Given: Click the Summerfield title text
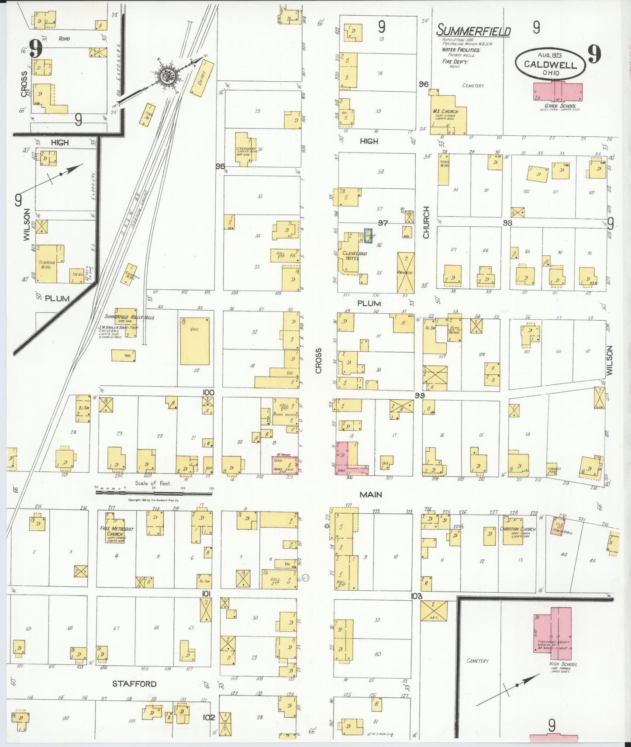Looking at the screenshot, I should pyautogui.click(x=473, y=31).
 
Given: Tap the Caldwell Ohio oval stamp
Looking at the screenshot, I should pyautogui.click(x=550, y=64).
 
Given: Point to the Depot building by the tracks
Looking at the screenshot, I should pyautogui.click(x=202, y=78).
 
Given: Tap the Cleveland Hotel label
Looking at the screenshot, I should pyautogui.click(x=354, y=256).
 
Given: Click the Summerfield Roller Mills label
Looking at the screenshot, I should pyautogui.click(x=129, y=317).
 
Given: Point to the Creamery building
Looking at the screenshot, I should pyautogui.click(x=245, y=149).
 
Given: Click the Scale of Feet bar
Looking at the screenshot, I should pyautogui.click(x=154, y=492).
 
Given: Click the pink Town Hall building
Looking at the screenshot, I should pyautogui.click(x=557, y=526).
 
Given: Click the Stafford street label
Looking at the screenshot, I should pyautogui.click(x=134, y=684).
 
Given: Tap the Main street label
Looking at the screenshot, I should pyautogui.click(x=371, y=495).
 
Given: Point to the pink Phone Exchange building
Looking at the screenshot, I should pyautogui.click(x=285, y=465).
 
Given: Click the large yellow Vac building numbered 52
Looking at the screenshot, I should pyautogui.click(x=194, y=341).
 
